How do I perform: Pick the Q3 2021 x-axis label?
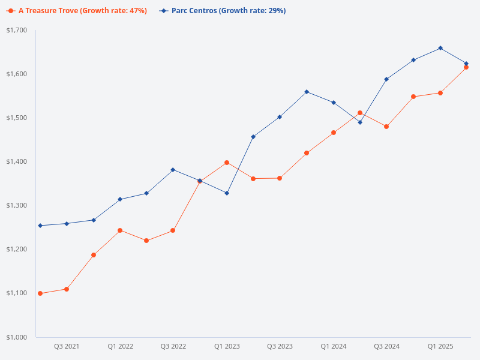[67, 347]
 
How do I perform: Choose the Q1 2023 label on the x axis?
[227, 347]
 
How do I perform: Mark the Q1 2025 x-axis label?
[440, 347]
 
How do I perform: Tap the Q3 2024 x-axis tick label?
[387, 347]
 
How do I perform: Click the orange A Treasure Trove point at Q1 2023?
[227, 163]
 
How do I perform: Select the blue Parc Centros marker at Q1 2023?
[227, 193]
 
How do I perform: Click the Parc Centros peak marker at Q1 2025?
[440, 48]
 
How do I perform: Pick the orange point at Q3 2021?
[67, 289]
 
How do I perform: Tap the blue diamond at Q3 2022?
[173, 170]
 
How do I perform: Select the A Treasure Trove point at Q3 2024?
[386, 127]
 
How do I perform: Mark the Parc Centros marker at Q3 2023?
[280, 117]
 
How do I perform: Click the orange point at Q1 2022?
[120, 230]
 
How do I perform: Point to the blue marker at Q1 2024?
[334, 103]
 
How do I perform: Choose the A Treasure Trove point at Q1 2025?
[440, 93]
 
